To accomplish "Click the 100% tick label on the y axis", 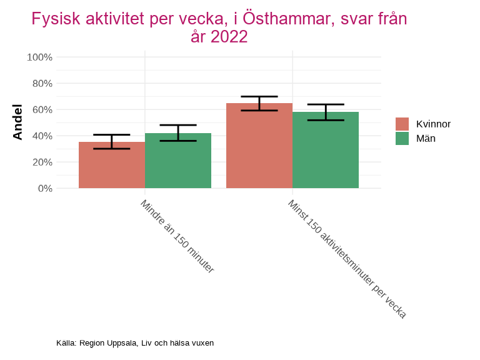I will pyautogui.click(x=39, y=57).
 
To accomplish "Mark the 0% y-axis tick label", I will pyautogui.click(x=44, y=189).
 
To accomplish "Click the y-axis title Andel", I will pyautogui.click(x=17, y=122).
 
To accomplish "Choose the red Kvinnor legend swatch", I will pyautogui.click(x=402, y=124).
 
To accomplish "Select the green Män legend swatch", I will pyautogui.click(x=402, y=138).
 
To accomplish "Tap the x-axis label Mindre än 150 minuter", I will pyautogui.click(x=177, y=237).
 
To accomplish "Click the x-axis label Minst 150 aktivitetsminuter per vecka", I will pyautogui.click(x=347, y=259).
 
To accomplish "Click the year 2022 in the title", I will pyautogui.click(x=229, y=37).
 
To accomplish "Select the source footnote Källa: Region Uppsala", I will pyautogui.click(x=135, y=343).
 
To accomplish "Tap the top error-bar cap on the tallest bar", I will pyautogui.click(x=259, y=97).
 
